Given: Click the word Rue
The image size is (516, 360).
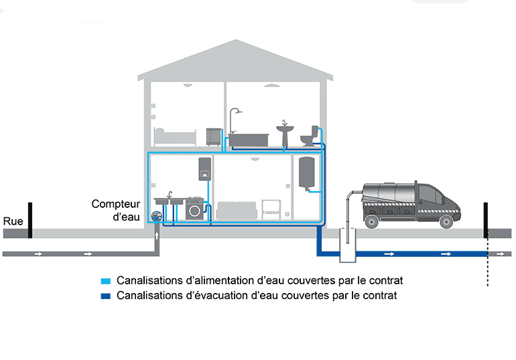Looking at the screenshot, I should click(13, 221).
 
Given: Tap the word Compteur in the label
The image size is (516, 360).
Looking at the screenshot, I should click(115, 204).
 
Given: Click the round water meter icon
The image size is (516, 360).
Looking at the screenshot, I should click(156, 216).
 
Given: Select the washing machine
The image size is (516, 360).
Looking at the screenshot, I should click(195, 209).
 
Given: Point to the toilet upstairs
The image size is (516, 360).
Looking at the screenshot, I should click(310, 136).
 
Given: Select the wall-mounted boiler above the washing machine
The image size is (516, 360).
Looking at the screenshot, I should click(205, 168).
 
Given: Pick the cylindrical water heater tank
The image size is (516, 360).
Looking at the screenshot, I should click(306, 172).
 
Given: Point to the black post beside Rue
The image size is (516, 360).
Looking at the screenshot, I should click(30, 220).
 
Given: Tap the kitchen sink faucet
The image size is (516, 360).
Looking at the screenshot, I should click(170, 194).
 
